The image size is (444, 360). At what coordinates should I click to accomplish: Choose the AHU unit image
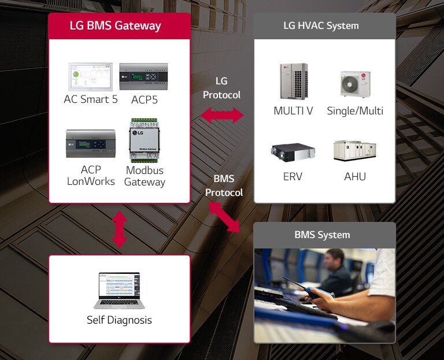click(x=354, y=150)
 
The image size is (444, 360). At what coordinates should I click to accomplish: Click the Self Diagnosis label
click(x=119, y=320)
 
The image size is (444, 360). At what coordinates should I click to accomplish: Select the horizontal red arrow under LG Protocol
click(x=222, y=116)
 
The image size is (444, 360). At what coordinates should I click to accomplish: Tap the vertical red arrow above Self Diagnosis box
click(x=119, y=229)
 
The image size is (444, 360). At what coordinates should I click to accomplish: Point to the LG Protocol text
click(x=221, y=88)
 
